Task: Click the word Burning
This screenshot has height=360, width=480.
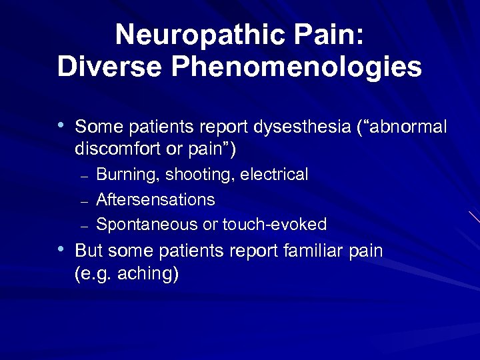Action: pyautogui.click(x=128, y=175)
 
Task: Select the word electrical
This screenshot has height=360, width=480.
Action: pyautogui.click(x=274, y=175)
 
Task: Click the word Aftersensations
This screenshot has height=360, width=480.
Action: pyautogui.click(x=155, y=199)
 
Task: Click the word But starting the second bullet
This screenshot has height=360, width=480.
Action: pyautogui.click(x=89, y=251)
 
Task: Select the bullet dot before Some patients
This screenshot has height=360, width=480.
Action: pyautogui.click(x=61, y=125)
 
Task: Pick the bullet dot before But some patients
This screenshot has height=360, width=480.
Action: pyautogui.click(x=61, y=249)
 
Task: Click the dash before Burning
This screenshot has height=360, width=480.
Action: pyautogui.click(x=84, y=177)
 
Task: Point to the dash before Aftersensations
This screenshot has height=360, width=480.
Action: pyautogui.click(x=84, y=201)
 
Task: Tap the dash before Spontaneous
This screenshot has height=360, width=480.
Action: pyautogui.click(x=84, y=225)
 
